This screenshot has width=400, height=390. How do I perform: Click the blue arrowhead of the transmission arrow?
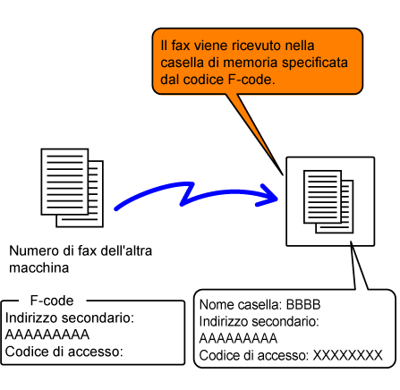coord(268,196)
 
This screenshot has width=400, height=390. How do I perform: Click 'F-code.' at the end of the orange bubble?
coord(251,80)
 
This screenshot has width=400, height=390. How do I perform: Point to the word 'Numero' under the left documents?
coord(34,250)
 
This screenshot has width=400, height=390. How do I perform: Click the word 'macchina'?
coord(39,267)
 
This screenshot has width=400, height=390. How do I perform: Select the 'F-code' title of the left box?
coord(52,301)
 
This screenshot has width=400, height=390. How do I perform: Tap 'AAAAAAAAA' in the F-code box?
coord(47,335)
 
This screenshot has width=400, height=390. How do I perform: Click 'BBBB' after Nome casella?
coord(303,305)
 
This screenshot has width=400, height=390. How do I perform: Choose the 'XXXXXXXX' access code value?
coord(347,355)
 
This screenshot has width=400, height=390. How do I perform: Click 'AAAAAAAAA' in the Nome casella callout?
coord(238,338)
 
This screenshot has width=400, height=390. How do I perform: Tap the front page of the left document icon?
coord(64,182)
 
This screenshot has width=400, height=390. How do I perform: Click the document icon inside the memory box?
coord(328,201)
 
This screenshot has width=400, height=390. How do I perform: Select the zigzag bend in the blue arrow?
coord(187,194)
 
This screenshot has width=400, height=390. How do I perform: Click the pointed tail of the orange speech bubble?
coord(282,174)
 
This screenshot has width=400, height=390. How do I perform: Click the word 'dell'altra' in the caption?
coord(126,250)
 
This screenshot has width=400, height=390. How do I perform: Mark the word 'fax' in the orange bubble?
coord(181,46)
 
